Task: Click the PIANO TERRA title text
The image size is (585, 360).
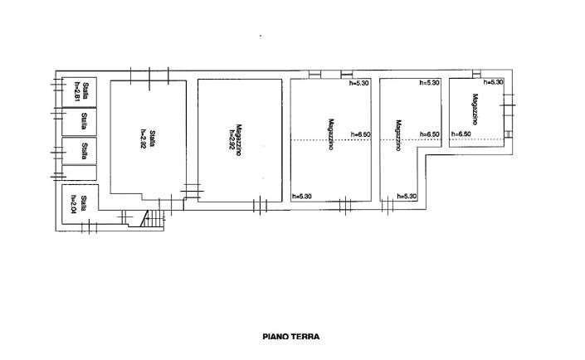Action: [290, 337]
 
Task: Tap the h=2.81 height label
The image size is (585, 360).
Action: [76, 90]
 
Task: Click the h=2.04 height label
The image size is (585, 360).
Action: [74, 202]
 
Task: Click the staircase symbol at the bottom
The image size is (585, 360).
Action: [152, 219]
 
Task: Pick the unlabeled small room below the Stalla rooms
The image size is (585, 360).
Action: [80, 173]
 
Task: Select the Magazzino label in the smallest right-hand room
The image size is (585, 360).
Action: [475, 108]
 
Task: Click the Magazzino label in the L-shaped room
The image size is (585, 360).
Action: [399, 134]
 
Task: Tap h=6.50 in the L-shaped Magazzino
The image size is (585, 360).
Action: [429, 134]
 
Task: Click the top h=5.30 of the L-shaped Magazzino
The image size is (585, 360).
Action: [429, 83]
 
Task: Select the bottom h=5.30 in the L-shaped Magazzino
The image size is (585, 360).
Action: [406, 197]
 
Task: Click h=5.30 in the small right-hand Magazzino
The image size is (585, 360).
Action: [493, 82]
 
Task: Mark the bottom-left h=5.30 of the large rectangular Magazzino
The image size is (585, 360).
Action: [303, 197]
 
